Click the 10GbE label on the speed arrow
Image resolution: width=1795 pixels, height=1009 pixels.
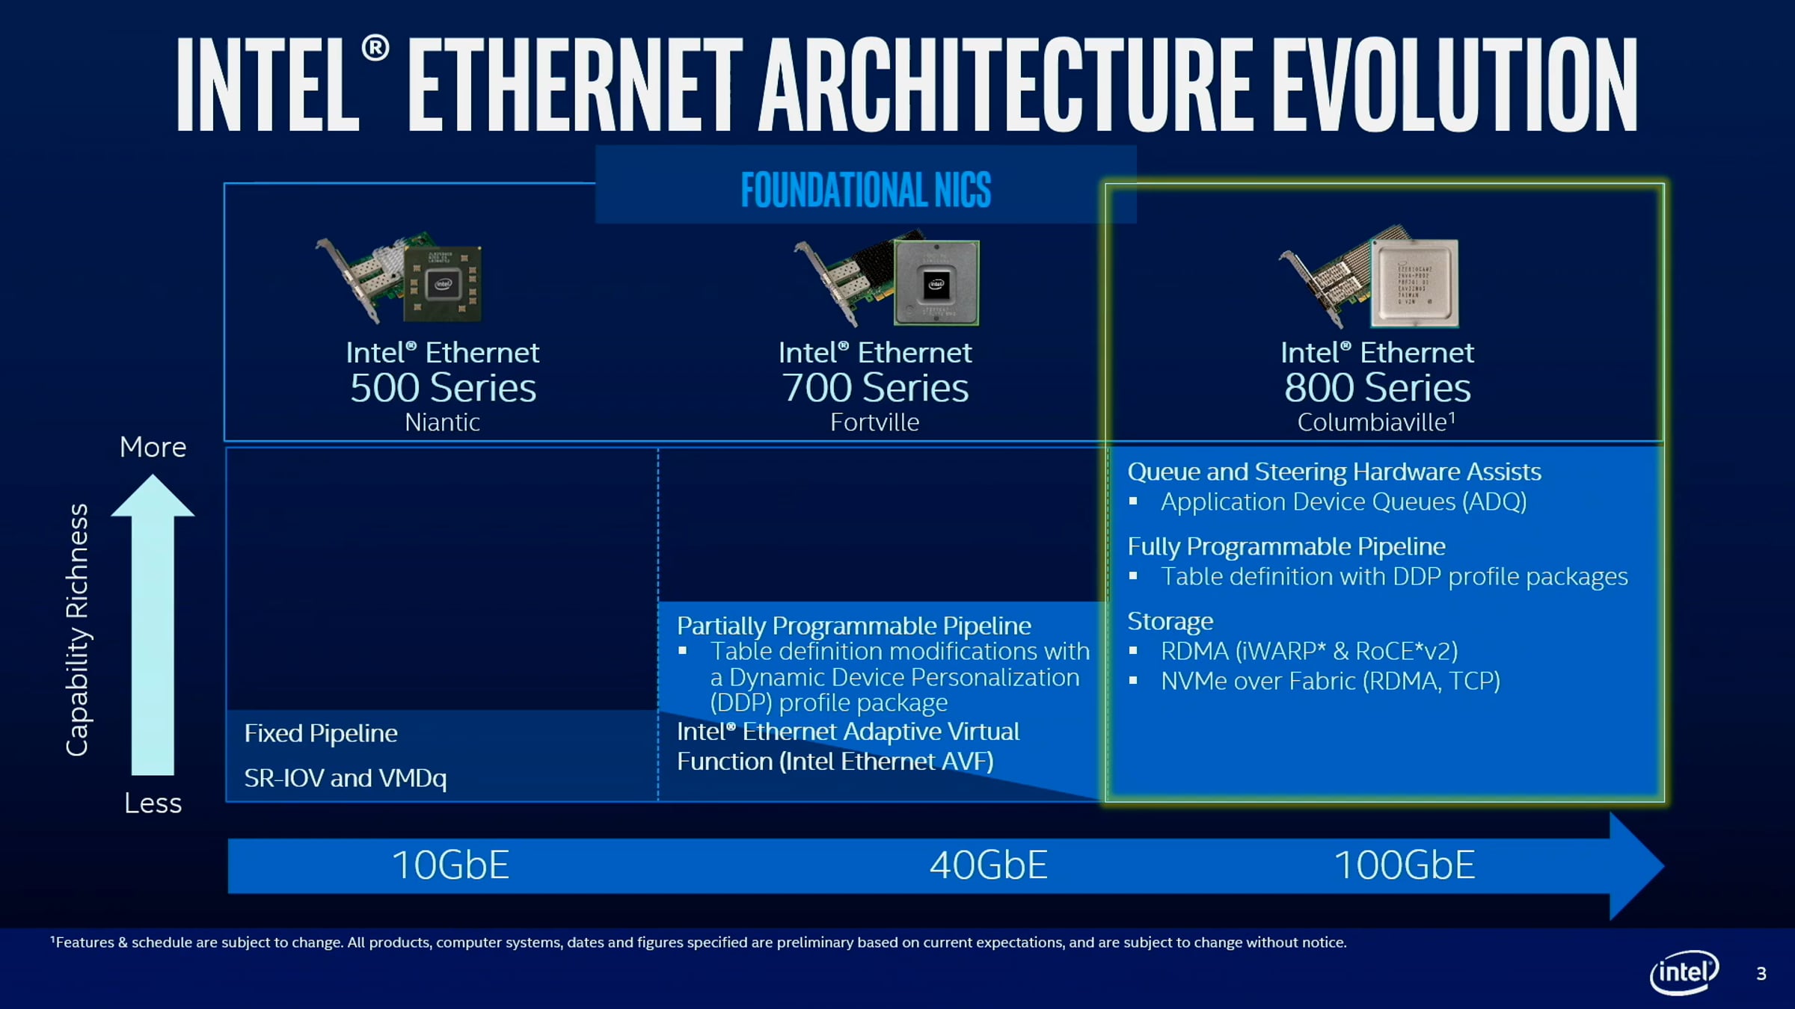pos(450,865)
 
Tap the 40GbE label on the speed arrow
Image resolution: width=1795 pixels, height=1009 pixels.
pos(988,865)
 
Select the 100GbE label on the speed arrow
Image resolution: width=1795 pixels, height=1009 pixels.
pos(1405,865)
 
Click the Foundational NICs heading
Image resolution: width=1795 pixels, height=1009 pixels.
pos(866,190)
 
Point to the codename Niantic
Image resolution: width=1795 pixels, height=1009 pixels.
pos(442,422)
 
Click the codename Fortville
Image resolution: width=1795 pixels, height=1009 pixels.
pos(874,422)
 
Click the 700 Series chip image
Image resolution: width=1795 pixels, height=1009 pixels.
pos(936,283)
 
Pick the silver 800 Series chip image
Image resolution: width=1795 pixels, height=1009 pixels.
pos(1414,283)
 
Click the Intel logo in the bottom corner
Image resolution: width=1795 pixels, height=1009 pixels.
pos(1684,972)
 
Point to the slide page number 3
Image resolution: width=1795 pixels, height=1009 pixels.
pos(1761,974)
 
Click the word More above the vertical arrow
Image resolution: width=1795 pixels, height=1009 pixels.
pos(153,447)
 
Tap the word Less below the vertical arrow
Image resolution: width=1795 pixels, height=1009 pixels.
pos(153,803)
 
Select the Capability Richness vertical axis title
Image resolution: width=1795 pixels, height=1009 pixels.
pos(77,630)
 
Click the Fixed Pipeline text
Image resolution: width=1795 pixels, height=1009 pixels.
pos(321,734)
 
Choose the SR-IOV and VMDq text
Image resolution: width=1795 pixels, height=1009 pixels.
pos(346,779)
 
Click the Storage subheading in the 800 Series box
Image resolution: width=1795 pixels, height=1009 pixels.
pos(1170,622)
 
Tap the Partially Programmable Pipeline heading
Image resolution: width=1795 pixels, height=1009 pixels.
pos(854,626)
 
